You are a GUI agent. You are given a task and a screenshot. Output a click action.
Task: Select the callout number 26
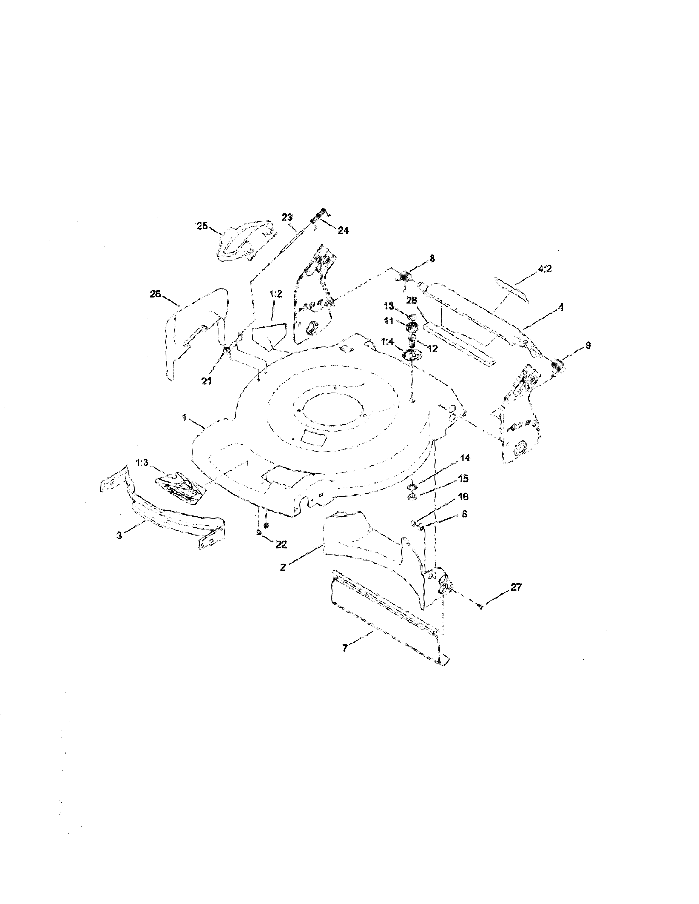(155, 295)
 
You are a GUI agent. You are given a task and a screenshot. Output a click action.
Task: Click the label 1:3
(142, 462)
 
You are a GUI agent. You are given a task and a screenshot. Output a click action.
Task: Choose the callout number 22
(281, 544)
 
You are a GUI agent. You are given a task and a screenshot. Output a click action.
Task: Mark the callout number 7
(345, 648)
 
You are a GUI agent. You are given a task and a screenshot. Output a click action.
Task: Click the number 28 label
(411, 301)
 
